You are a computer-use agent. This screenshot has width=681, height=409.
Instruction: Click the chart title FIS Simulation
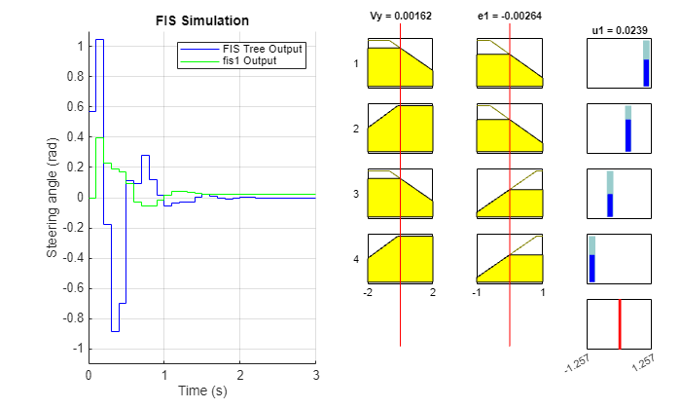coord(202,20)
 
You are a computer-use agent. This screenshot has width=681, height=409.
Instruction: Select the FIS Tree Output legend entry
coord(262,49)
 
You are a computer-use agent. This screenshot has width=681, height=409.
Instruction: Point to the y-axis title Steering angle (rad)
coord(53,198)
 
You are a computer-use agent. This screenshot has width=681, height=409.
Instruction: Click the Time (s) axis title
coord(202,390)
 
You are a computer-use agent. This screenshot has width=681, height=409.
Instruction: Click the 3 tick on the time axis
coord(315,374)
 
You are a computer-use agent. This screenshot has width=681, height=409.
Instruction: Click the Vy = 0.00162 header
coord(400,17)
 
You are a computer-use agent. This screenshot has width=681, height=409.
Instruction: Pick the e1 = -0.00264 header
coord(509,17)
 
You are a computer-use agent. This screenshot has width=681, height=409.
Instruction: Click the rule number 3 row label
coord(356,194)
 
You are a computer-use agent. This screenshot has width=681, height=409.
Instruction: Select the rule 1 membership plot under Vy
coord(400,63)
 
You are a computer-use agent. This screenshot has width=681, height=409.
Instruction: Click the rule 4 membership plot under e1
coord(509,258)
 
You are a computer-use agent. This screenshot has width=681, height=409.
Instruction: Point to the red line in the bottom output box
coord(619,323)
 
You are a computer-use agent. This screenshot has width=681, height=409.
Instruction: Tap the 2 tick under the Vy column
coord(432,292)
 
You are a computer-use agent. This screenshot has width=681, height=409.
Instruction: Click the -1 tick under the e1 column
coord(477,292)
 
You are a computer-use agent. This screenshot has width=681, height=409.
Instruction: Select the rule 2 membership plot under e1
coord(509,129)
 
